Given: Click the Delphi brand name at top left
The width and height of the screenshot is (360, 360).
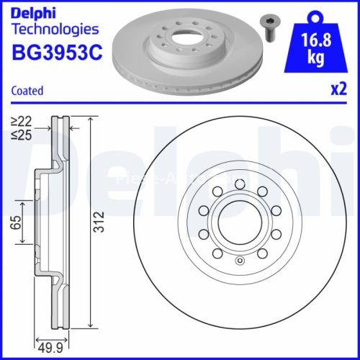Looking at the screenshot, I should click(34, 12).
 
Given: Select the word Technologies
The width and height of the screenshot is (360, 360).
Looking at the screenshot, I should click(55, 30).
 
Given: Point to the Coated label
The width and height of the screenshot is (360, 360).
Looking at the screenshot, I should click(27, 91).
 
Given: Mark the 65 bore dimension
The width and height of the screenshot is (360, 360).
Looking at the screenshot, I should click(14, 224).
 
